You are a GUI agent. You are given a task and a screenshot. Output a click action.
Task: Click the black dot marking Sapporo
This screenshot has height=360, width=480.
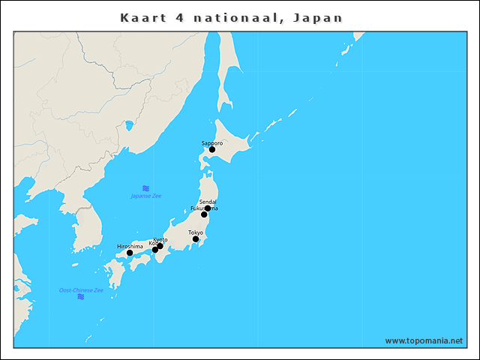[x=212, y=149]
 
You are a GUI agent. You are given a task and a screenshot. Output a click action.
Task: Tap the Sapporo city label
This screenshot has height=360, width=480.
[x=212, y=142]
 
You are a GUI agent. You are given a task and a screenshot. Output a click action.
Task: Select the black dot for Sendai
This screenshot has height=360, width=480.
[x=208, y=208]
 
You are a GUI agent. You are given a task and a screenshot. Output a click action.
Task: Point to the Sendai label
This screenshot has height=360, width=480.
[x=208, y=202]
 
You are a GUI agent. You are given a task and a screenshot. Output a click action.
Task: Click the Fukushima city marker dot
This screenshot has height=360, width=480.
[x=204, y=214]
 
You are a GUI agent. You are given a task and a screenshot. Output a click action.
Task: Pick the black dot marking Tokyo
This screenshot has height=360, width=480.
[x=196, y=239]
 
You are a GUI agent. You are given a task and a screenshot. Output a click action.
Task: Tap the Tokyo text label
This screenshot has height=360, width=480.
[x=196, y=232]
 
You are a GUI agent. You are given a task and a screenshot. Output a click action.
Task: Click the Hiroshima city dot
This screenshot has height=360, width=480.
[x=130, y=253]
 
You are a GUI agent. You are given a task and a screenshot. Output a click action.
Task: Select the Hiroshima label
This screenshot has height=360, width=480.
[x=130, y=246]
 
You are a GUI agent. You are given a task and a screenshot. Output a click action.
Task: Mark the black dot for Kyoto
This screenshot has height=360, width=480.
[x=160, y=246]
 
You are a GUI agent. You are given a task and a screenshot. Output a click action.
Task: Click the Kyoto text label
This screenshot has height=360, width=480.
[x=160, y=239]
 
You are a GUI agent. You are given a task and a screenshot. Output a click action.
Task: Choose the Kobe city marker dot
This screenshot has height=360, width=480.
[x=155, y=250]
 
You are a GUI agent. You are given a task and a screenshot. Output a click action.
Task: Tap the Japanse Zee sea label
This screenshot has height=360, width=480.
[x=146, y=196]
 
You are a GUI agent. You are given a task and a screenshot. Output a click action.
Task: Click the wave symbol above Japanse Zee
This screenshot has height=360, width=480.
[x=146, y=188]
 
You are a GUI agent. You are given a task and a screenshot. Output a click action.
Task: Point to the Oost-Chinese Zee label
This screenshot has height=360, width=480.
[x=81, y=289]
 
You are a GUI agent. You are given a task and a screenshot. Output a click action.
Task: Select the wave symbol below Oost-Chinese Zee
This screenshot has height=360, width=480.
[x=81, y=297]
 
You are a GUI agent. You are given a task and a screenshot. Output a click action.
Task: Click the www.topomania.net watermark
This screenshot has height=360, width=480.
[x=424, y=340]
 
